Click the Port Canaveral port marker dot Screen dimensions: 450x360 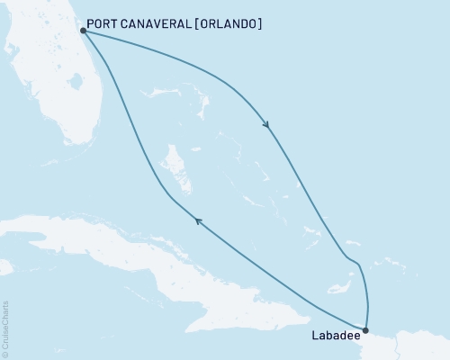pyautogui.click(x=83, y=30)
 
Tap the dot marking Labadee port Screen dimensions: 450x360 pyautogui.click(x=364, y=330)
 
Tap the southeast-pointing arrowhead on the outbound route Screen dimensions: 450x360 pyautogui.click(x=267, y=125)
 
